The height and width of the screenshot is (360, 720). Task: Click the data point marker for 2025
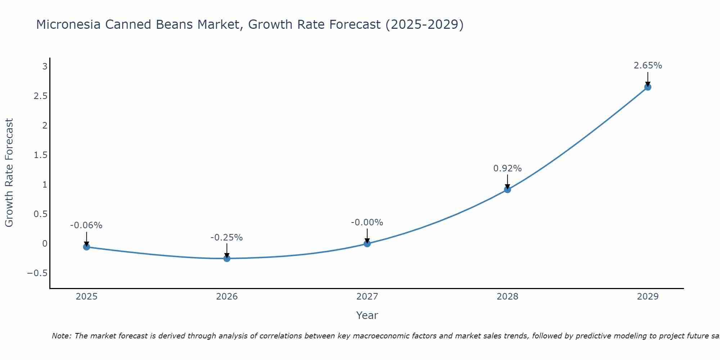click(x=86, y=247)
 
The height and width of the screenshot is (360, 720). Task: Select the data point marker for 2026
click(x=227, y=258)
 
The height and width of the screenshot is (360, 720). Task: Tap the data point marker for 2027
click(x=367, y=244)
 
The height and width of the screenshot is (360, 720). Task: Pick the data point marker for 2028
click(x=508, y=189)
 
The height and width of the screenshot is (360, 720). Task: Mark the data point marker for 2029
click(x=648, y=87)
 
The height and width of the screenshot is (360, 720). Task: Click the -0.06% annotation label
click(x=86, y=226)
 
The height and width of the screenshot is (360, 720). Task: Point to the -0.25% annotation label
click(x=227, y=238)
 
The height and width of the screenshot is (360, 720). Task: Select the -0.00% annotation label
click(x=367, y=223)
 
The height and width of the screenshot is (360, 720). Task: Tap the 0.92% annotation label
click(x=508, y=168)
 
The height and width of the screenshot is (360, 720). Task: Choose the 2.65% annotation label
click(x=648, y=66)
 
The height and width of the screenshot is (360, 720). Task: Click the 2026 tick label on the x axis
click(x=227, y=297)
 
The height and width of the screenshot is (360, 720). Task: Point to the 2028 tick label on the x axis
click(x=508, y=297)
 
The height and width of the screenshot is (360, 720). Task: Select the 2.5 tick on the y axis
click(x=41, y=96)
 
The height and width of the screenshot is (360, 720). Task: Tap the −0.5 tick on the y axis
click(x=37, y=273)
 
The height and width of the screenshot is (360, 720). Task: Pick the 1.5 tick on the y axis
click(x=41, y=155)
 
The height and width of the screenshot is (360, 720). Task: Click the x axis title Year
click(x=367, y=316)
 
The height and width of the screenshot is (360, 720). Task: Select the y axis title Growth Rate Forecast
click(x=9, y=173)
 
